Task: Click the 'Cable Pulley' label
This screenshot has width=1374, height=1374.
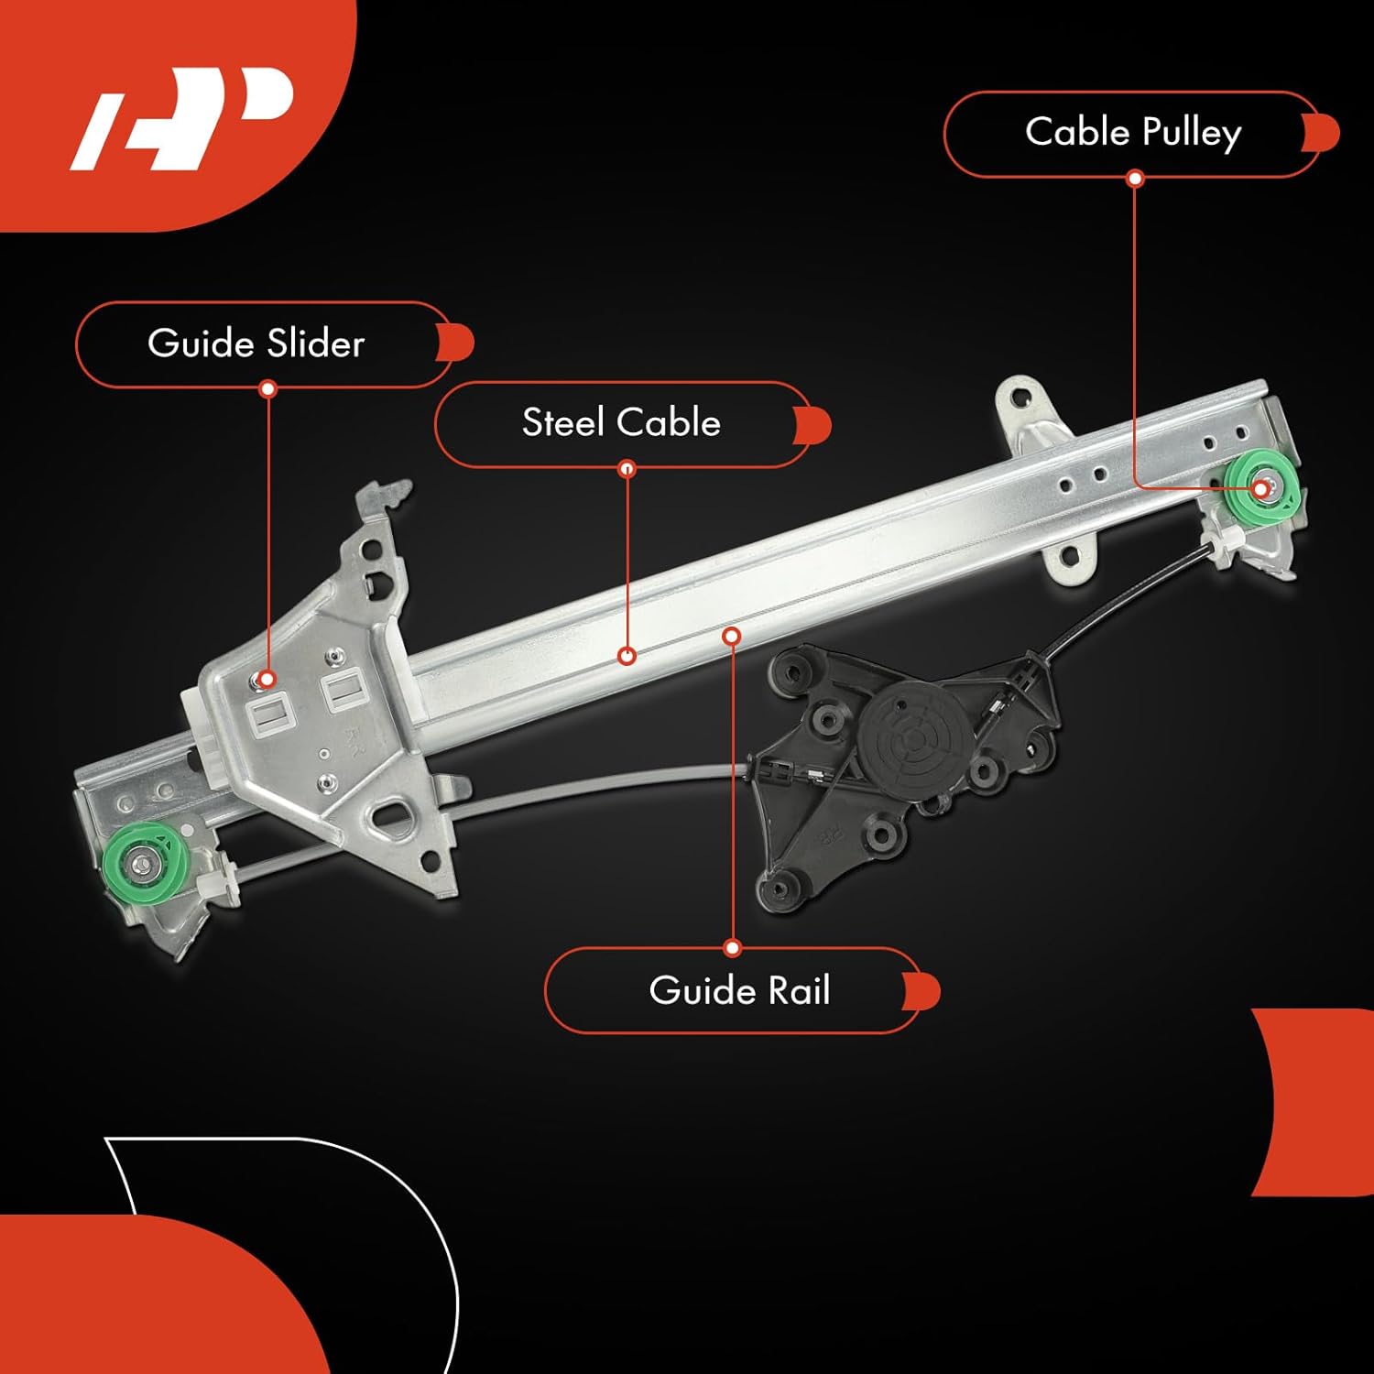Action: tap(1133, 133)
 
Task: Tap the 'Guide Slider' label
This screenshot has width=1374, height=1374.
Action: tap(256, 343)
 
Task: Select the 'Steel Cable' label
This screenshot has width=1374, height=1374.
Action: tap(621, 423)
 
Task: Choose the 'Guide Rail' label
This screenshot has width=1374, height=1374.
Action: tap(739, 991)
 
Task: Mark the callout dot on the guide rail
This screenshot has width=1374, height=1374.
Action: tap(731, 635)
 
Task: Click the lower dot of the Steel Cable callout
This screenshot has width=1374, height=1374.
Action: tap(627, 656)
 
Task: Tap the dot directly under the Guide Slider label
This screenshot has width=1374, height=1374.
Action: tap(267, 389)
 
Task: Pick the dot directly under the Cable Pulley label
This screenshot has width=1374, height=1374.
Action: tap(1135, 179)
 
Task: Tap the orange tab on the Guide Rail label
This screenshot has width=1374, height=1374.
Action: tap(922, 992)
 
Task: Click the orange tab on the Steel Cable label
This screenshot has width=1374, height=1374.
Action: tap(813, 426)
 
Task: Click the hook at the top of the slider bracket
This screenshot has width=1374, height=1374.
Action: tap(389, 497)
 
